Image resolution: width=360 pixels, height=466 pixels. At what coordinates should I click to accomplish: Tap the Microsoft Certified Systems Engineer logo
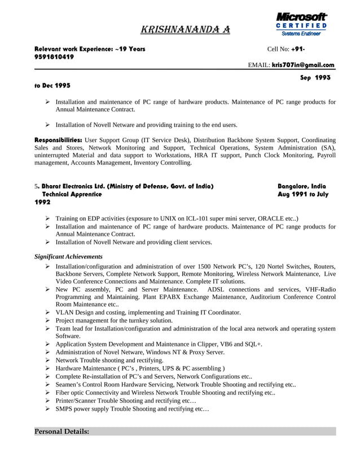[x=301, y=24]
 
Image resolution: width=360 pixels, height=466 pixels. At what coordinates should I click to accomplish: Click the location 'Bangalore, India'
[x=301, y=186]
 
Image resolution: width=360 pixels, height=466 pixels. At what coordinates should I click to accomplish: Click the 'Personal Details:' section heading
[x=62, y=432]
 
